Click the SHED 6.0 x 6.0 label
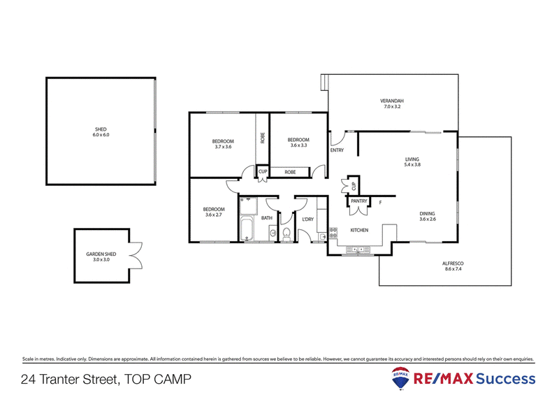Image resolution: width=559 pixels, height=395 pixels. coord(102,131)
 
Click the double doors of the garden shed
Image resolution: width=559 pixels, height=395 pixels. coord(134,256)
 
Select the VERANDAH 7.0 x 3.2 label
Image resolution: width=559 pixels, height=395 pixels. coord(392,104)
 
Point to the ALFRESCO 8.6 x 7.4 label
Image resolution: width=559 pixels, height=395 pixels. coord(453,266)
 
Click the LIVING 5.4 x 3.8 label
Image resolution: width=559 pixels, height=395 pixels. coord(412,162)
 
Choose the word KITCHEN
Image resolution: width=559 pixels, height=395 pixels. coord(359,230)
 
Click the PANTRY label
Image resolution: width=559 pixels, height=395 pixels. coord(359,201)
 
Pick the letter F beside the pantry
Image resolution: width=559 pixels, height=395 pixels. coord(380,203)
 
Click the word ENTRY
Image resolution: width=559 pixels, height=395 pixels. coord(337,150)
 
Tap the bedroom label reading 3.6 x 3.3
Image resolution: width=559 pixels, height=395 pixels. coord(298,142)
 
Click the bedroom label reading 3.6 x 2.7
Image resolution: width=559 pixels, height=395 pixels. coord(213,212)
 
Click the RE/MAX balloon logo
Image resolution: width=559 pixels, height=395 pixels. coord(401,378)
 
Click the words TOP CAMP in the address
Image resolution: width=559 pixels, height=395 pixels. coord(158,380)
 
